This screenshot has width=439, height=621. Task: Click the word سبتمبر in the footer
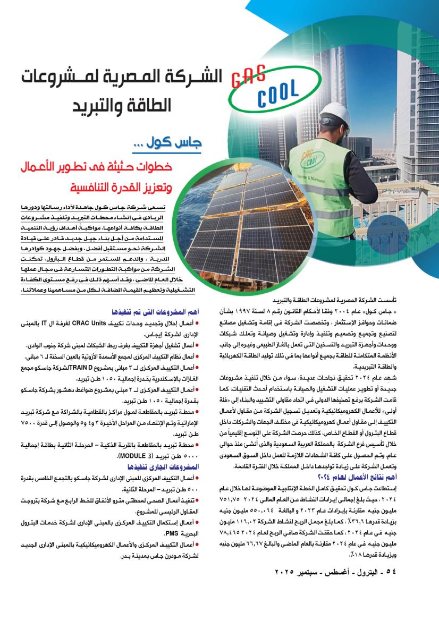(313, 572)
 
